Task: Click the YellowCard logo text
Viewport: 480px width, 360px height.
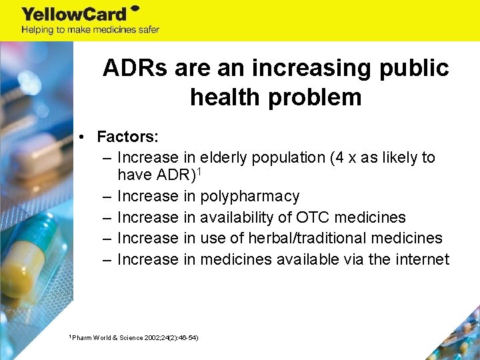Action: click(x=73, y=14)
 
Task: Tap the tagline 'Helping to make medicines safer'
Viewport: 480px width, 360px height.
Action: click(x=90, y=30)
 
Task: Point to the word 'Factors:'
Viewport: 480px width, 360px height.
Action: click(x=127, y=137)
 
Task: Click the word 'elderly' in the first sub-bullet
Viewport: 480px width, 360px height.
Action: click(x=226, y=158)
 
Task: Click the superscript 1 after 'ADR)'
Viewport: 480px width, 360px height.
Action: click(x=198, y=172)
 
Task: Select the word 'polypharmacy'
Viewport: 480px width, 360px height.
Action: click(x=251, y=197)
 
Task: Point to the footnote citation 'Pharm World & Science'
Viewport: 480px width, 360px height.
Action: click(x=109, y=338)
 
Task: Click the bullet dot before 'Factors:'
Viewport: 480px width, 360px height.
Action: click(x=79, y=138)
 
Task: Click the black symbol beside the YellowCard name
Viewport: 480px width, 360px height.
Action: click(x=134, y=9)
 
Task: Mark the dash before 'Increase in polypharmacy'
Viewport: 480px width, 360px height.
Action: click(x=107, y=197)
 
